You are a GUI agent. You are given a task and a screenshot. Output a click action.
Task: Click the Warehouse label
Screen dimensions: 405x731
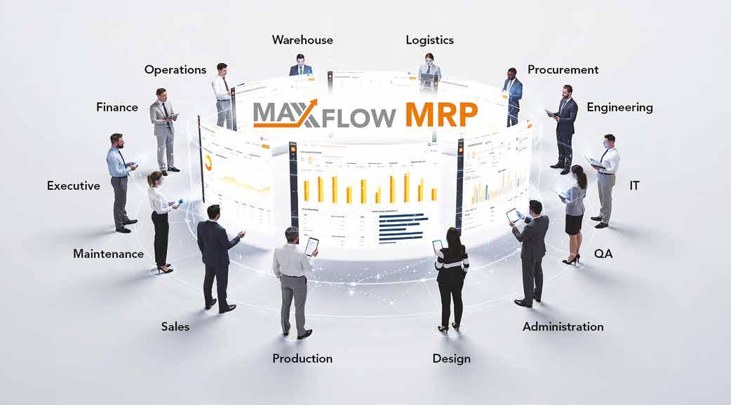[302, 40]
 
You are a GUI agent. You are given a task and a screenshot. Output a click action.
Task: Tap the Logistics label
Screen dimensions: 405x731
[429, 40]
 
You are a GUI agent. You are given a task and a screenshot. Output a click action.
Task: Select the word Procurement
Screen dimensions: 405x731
[563, 70]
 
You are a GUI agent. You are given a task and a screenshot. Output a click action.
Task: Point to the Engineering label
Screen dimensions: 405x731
[619, 108]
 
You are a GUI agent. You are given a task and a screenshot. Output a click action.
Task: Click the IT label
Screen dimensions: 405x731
[634, 186]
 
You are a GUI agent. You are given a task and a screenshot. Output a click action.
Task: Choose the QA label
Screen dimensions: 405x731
[603, 254]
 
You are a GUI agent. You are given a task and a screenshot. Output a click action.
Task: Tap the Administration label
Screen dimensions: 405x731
[563, 327]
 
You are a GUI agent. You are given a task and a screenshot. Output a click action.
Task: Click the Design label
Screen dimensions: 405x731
[451, 359]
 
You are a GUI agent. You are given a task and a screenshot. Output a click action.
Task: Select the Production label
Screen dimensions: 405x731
[302, 359]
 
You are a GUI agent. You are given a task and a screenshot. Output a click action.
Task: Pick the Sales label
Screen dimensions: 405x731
[175, 327]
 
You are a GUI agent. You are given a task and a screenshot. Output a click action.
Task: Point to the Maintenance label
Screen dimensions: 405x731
[108, 254]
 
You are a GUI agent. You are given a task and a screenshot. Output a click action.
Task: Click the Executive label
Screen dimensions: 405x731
[73, 186]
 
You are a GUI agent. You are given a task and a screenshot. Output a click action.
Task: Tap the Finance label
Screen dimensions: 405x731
[117, 108]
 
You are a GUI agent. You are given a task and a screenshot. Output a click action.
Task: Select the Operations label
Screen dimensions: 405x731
[175, 70]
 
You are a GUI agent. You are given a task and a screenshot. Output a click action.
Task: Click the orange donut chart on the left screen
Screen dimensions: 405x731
[209, 163]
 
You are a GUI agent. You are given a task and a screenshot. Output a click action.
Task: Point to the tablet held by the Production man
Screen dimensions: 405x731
[311, 245]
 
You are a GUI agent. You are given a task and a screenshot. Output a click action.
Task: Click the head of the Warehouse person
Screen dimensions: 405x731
[300, 59]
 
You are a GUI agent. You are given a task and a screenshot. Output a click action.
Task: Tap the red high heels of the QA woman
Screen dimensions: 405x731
[570, 260]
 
